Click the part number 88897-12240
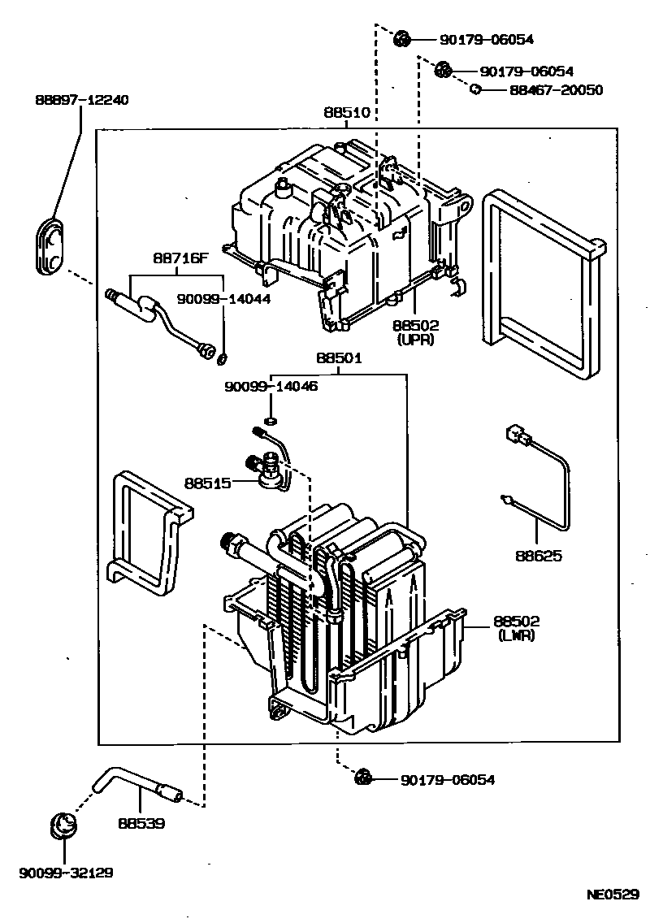[81, 100]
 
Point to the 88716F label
[180, 259]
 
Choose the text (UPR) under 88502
[415, 340]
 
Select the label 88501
[339, 358]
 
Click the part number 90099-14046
[271, 387]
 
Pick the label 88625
[538, 557]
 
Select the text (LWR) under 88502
[517, 635]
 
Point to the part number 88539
[141, 823]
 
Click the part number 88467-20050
[557, 90]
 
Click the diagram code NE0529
[614, 895]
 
